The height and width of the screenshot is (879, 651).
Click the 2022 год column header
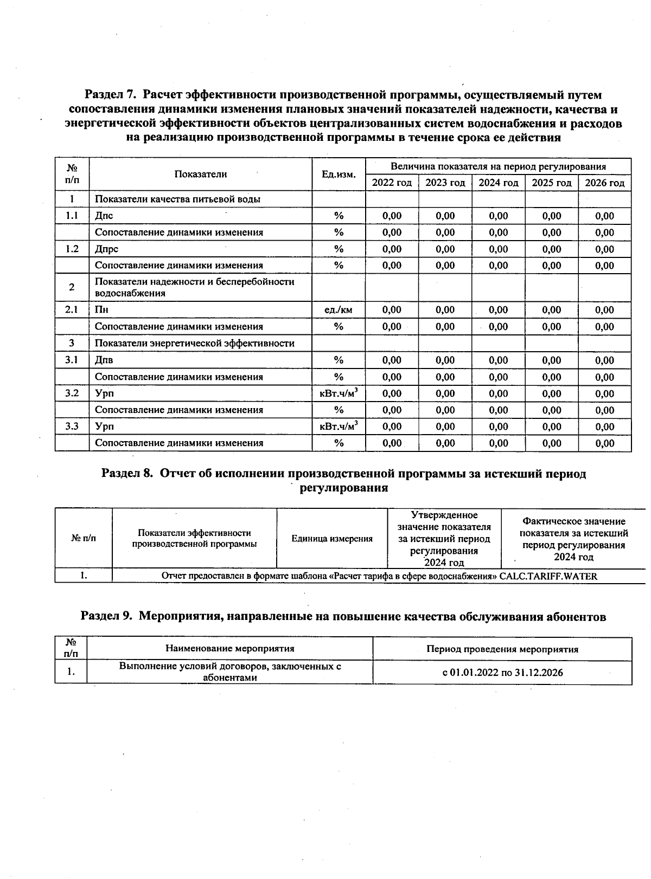coord(392,183)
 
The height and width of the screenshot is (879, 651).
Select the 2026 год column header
coord(604,183)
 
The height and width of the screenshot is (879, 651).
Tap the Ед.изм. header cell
coord(339,174)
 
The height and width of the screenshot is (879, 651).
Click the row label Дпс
coord(104,216)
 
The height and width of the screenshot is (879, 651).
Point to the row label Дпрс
coord(106,249)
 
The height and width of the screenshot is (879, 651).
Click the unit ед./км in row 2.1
coord(339,310)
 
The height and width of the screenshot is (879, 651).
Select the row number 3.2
coord(72,393)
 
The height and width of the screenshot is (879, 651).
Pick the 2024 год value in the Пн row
coord(498,310)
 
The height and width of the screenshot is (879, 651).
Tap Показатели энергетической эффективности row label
coord(195,344)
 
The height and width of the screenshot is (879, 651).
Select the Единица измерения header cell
coord(332,539)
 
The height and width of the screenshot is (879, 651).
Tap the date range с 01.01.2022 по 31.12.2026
coord(502,673)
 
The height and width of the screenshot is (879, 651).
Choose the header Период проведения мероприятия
coord(502,649)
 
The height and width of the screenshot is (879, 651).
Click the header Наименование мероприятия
coord(229,649)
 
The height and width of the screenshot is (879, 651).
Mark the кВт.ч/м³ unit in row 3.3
coord(339,426)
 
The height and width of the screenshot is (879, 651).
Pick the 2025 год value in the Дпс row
coord(551,216)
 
